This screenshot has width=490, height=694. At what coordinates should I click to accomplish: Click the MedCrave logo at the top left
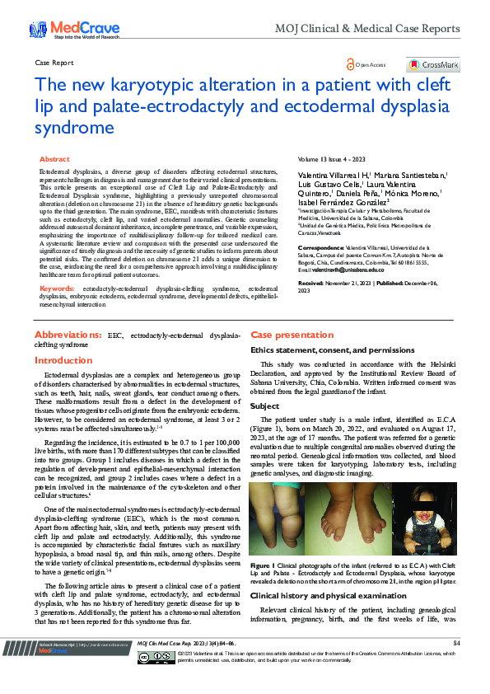pos(61,30)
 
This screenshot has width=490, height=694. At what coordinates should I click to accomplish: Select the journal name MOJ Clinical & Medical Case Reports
pos(390,29)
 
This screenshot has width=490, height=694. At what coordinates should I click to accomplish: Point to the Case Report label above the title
pos(54,63)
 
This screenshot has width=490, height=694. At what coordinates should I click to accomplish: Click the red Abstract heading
pos(54,158)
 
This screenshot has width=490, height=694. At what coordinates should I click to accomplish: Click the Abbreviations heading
pos(68,335)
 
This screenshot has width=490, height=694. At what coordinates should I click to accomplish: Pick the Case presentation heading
pos(281,335)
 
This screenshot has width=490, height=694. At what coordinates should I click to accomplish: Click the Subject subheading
pos(264,406)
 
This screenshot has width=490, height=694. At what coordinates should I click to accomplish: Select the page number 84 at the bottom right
pos(455,642)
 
